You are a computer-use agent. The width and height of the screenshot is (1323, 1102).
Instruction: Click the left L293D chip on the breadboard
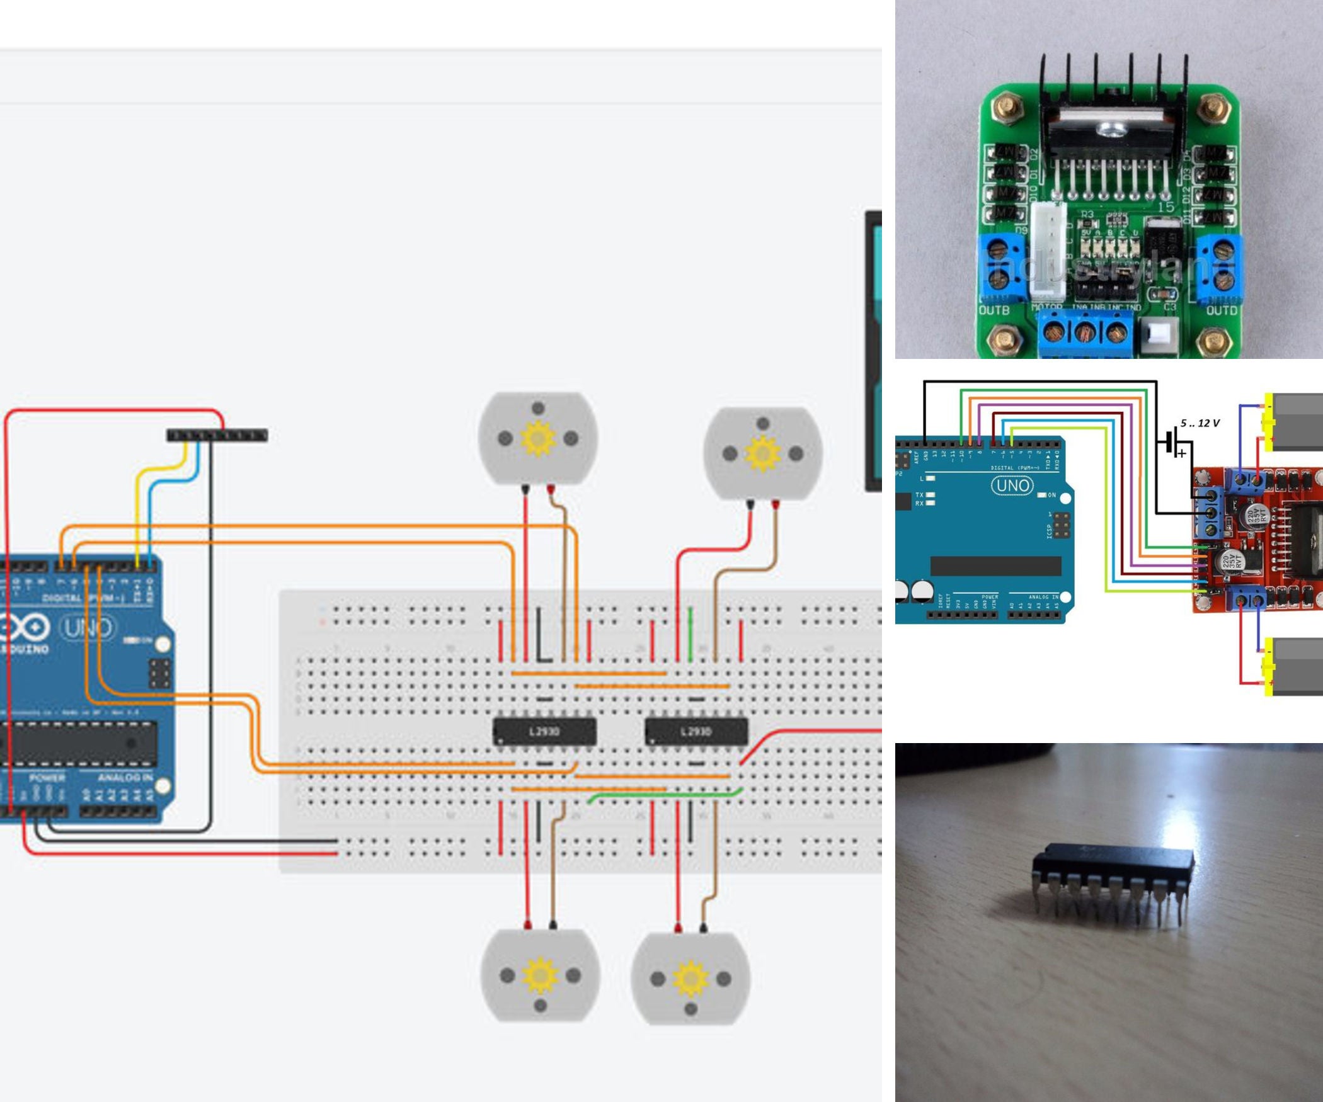point(544,731)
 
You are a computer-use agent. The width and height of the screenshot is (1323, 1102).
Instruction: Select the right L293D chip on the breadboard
point(696,731)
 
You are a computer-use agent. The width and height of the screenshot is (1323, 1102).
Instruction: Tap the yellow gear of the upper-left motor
point(537,437)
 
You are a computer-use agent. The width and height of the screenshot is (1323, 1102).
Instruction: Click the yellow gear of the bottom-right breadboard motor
point(690,978)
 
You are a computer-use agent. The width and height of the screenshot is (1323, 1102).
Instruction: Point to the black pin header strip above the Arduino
point(217,435)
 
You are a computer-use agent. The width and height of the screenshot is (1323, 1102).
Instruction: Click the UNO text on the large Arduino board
point(88,628)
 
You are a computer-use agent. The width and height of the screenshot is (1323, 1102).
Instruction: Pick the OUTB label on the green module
point(994,310)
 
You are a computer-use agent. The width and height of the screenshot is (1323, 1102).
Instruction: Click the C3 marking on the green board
point(1169,307)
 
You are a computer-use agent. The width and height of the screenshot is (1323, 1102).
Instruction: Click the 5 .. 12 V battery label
point(1200,423)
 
